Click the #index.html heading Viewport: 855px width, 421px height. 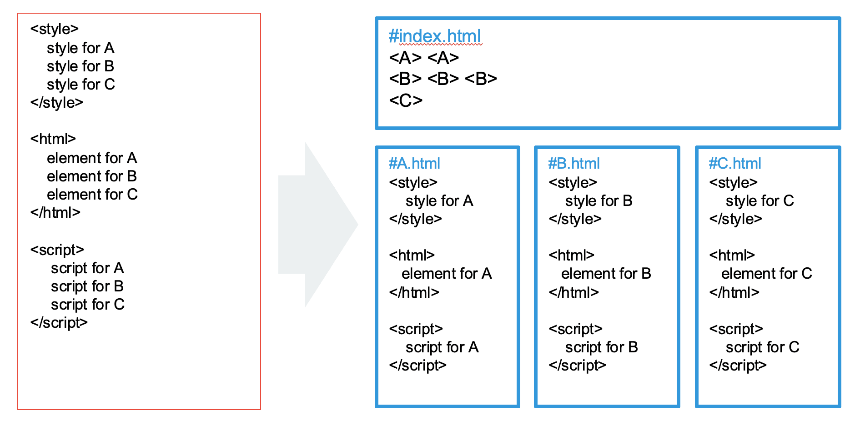click(x=435, y=36)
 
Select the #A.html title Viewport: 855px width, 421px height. click(x=414, y=163)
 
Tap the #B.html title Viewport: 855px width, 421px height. click(x=574, y=163)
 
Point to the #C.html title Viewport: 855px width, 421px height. click(x=735, y=163)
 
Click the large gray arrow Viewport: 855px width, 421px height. click(x=318, y=225)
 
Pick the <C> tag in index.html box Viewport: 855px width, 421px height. click(x=406, y=100)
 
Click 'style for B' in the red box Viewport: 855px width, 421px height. click(x=80, y=66)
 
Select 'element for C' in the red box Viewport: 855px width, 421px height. click(x=92, y=195)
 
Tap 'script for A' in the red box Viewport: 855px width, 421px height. click(x=87, y=268)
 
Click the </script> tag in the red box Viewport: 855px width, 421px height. click(x=59, y=323)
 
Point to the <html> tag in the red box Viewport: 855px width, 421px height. click(x=53, y=139)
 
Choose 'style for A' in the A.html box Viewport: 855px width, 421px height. click(x=439, y=201)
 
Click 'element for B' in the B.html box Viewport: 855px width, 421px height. click(x=606, y=274)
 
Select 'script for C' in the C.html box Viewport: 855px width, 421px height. click(x=763, y=347)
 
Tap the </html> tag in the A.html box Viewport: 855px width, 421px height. click(x=414, y=292)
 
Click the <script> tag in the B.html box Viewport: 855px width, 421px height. click(x=576, y=329)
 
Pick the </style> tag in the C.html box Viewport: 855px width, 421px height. click(x=735, y=219)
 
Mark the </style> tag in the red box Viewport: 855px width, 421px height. click(x=57, y=103)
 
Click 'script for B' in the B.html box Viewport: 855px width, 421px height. click(x=602, y=347)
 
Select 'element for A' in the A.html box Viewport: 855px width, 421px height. click(x=447, y=274)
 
